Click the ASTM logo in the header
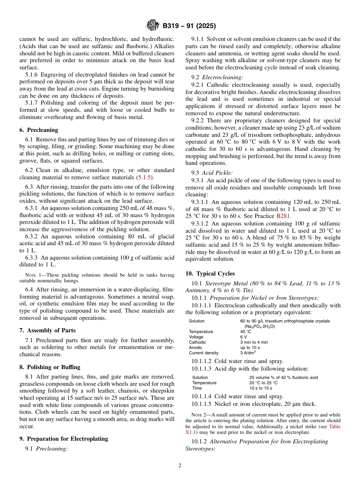(153, 26)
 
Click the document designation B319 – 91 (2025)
(189, 26)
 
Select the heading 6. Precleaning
(39, 130)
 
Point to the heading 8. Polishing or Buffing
(50, 367)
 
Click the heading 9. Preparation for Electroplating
(64, 439)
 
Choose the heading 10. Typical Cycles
(210, 274)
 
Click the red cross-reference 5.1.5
(144, 177)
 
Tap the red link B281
(283, 216)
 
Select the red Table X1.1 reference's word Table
(335, 427)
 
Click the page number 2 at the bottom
(180, 466)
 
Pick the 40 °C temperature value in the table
(246, 332)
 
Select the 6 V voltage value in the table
(244, 337)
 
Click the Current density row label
(203, 353)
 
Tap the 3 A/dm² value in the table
(248, 353)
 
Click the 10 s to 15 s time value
(260, 388)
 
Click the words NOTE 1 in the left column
(28, 275)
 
